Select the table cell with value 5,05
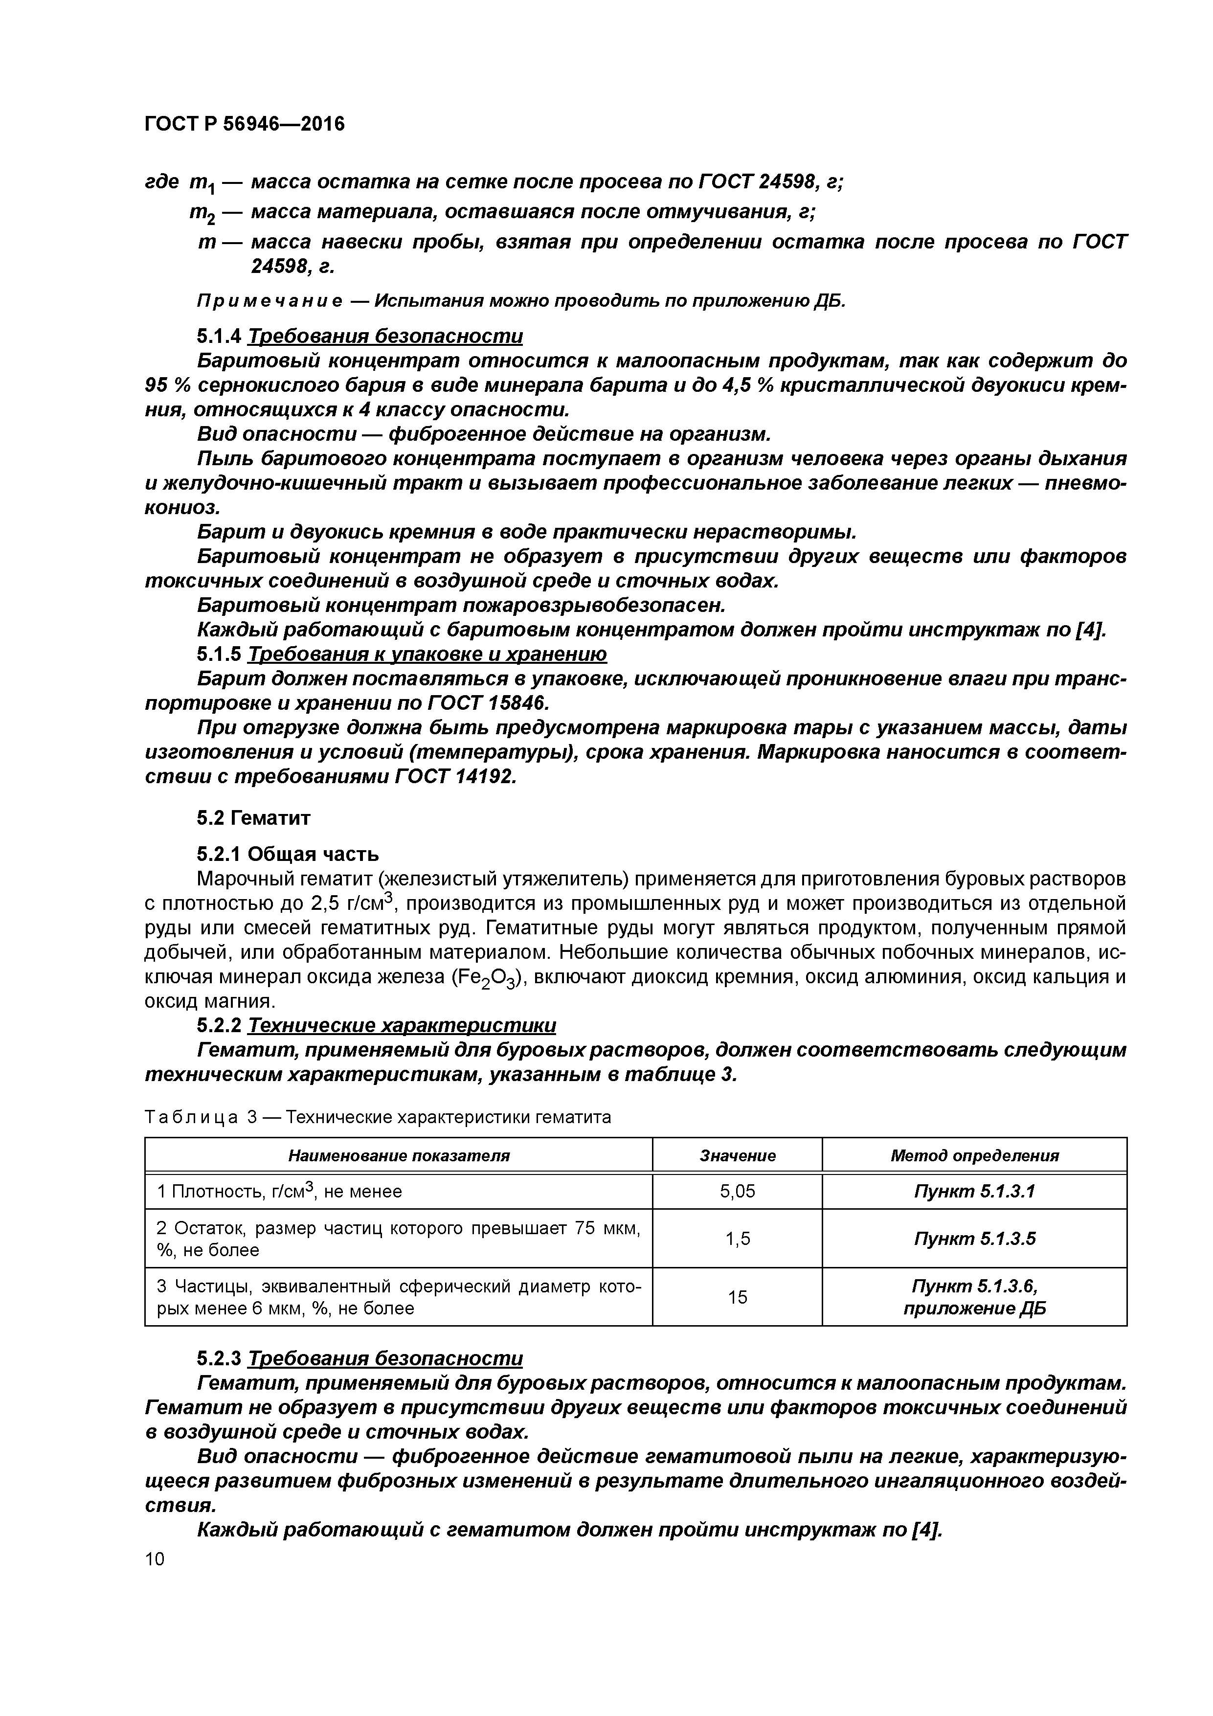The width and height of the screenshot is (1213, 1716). pos(737,1191)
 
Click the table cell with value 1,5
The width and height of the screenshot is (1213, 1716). pos(737,1239)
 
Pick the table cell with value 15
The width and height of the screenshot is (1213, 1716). pos(737,1297)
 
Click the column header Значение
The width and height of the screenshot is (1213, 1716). pos(737,1155)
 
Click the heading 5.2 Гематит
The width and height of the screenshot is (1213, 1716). pos(253,817)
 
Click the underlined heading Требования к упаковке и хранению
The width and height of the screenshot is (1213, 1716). pos(427,654)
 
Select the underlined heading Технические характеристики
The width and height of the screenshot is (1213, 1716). pos(402,1025)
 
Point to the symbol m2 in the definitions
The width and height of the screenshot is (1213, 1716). pos(202,214)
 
